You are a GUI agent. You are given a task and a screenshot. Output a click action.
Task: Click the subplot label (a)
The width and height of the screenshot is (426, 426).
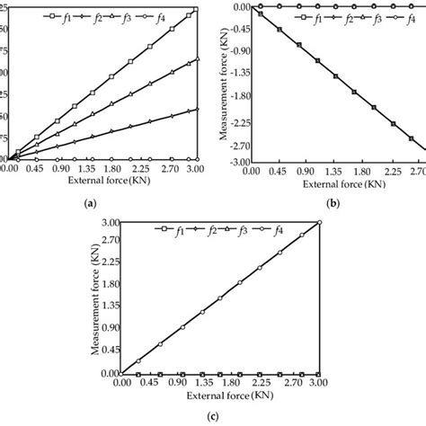click(x=91, y=205)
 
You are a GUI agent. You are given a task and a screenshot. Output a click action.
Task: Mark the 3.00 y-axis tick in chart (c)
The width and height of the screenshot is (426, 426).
click(x=109, y=223)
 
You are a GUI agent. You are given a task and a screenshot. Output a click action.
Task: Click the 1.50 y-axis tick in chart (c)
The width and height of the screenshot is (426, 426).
click(x=109, y=297)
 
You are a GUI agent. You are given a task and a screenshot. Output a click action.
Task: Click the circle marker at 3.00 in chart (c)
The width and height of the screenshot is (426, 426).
click(x=320, y=223)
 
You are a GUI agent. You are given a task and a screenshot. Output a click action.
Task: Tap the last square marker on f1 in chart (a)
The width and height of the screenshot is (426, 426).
click(x=195, y=10)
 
